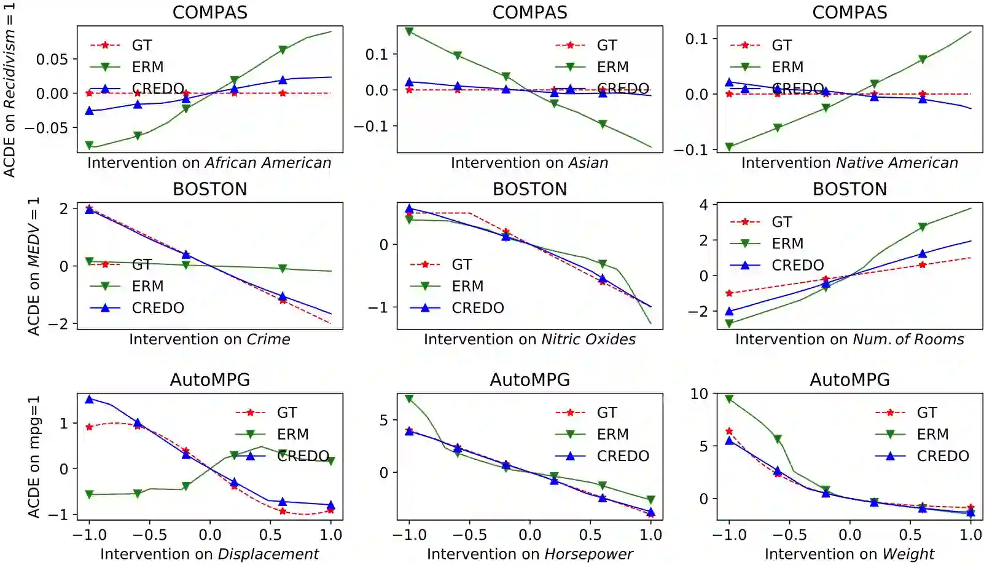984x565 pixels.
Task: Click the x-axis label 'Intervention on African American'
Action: tap(209, 163)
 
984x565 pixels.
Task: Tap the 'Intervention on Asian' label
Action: tap(529, 163)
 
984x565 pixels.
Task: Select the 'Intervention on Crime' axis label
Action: tap(209, 339)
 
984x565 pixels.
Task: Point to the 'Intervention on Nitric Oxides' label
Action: tap(529, 339)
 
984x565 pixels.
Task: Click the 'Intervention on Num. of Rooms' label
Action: tap(849, 339)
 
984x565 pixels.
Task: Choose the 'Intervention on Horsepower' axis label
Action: tap(529, 555)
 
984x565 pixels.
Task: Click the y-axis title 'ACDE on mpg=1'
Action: tap(34, 456)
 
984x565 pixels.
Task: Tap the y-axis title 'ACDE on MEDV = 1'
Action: tap(34, 266)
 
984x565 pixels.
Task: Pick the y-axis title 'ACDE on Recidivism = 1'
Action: tap(9, 90)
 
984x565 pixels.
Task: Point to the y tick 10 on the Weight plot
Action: tap(699, 394)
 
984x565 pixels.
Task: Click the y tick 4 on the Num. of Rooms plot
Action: tap(704, 205)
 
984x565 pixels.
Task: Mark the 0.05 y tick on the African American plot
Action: tap(52, 60)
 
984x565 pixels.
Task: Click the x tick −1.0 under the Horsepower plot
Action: tap(408, 535)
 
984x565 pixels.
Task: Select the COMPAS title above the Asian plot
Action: tap(529, 12)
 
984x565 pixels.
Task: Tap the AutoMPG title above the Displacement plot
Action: tap(209, 380)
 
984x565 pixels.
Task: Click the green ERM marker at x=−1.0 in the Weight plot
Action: tap(729, 399)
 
